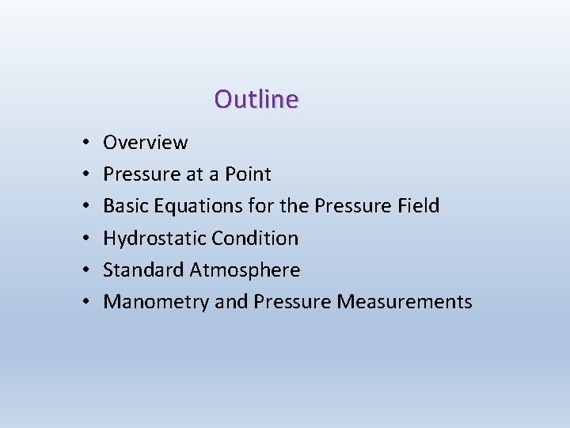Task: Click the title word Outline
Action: point(256,100)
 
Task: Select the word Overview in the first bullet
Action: point(146,143)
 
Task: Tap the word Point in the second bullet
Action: point(247,174)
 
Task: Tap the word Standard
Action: point(144,269)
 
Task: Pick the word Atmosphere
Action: point(245,269)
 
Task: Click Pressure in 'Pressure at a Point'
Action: point(139,174)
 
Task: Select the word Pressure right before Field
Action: point(351,206)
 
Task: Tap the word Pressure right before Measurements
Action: point(292,301)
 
